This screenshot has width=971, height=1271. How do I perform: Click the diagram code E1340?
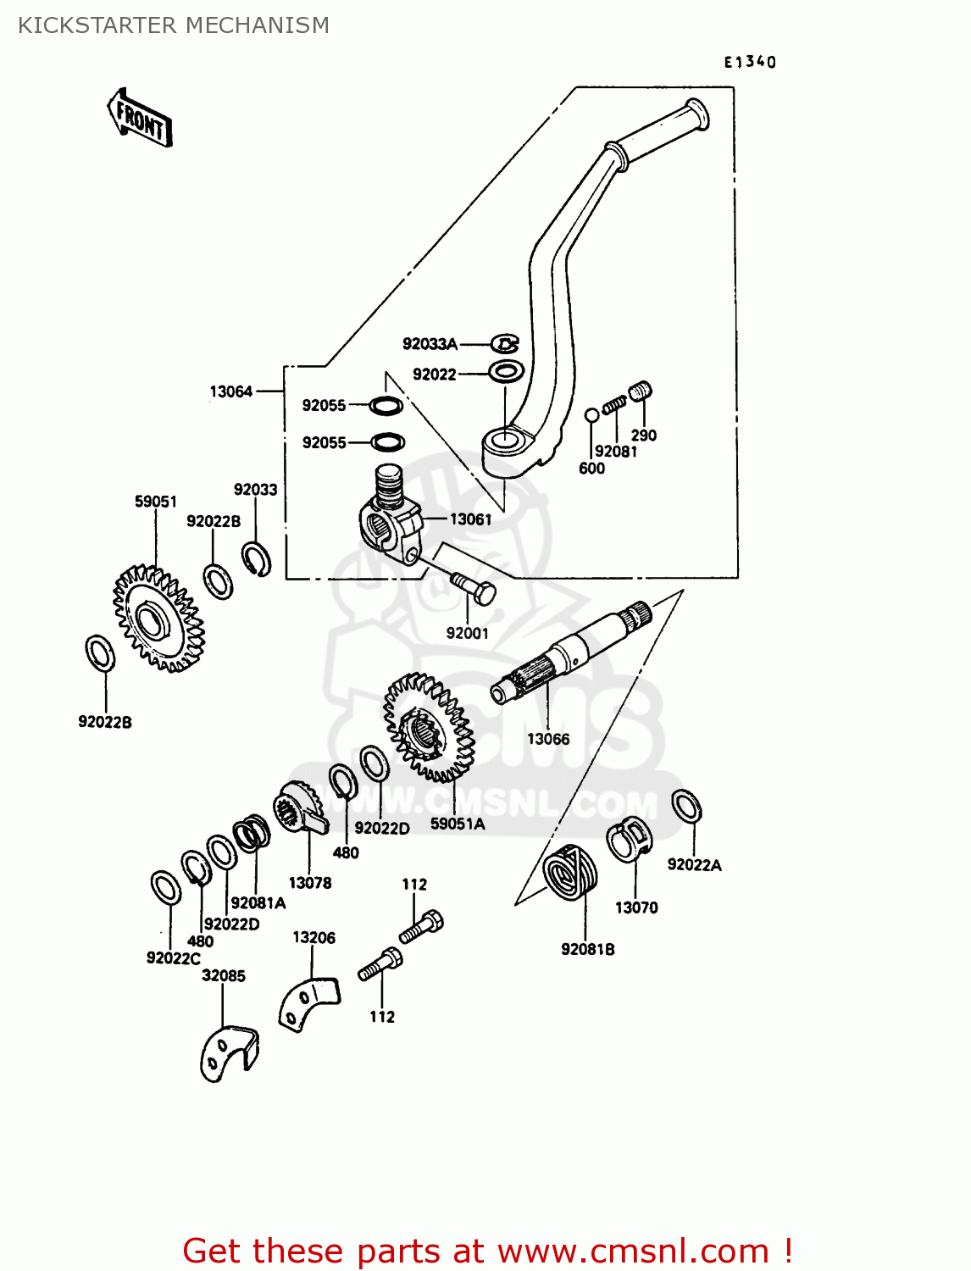pos(749,62)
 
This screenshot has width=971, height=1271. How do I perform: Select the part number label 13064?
pos(230,391)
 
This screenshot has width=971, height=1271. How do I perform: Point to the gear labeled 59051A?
pos(428,727)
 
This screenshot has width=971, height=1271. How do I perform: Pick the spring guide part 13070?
pos(629,840)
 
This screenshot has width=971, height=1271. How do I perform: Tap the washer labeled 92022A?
pos(686,806)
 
